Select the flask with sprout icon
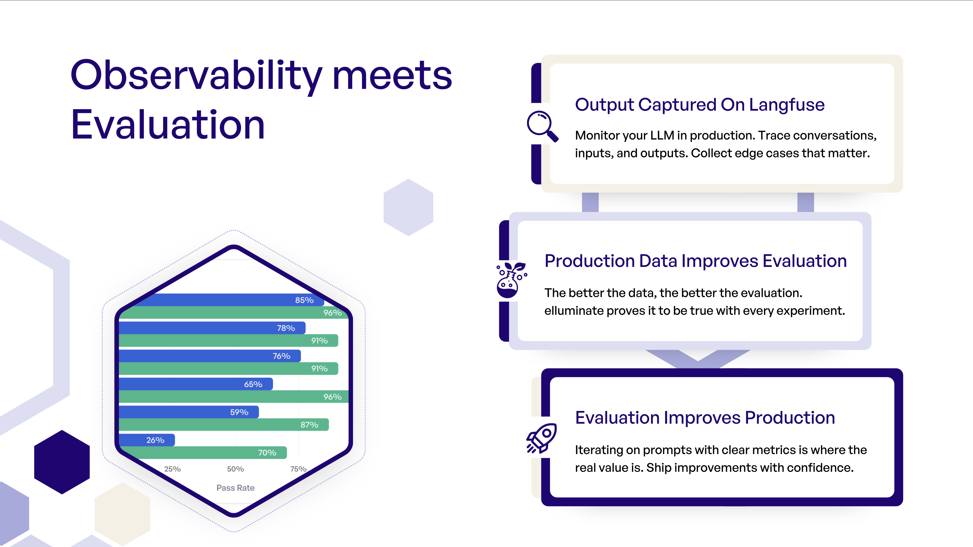510,280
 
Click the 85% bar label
304,300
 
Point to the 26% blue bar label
155,440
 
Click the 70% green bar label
267,453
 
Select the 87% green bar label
309,425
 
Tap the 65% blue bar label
253,384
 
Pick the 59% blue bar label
239,412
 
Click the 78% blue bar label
286,328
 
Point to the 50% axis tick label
235,469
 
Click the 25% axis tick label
172,469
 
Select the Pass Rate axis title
235,488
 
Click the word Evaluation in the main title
168,125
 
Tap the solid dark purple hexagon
62,462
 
